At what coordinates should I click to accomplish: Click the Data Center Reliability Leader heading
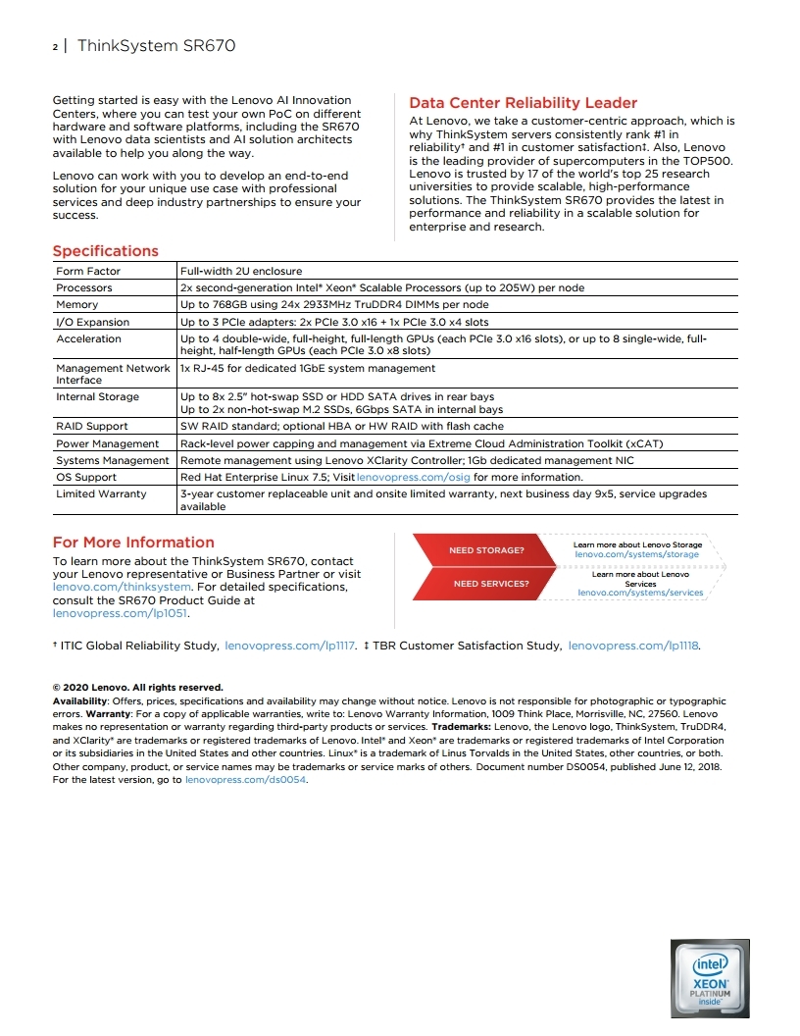point(523,103)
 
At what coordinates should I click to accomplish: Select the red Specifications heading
point(105,251)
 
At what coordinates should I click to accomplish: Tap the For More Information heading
point(132,543)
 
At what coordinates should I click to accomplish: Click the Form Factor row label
point(88,271)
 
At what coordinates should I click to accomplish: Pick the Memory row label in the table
point(77,305)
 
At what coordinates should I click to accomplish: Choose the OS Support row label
point(86,477)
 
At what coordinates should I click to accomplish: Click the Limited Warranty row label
point(101,493)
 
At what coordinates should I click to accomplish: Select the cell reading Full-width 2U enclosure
point(241,271)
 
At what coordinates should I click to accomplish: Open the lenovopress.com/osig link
point(414,477)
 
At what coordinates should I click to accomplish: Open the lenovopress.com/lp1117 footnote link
point(289,646)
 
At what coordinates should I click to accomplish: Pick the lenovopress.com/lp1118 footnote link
point(634,646)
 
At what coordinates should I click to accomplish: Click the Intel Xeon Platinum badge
point(710,977)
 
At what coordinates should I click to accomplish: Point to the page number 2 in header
point(55,46)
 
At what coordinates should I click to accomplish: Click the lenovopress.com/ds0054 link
point(247,779)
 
